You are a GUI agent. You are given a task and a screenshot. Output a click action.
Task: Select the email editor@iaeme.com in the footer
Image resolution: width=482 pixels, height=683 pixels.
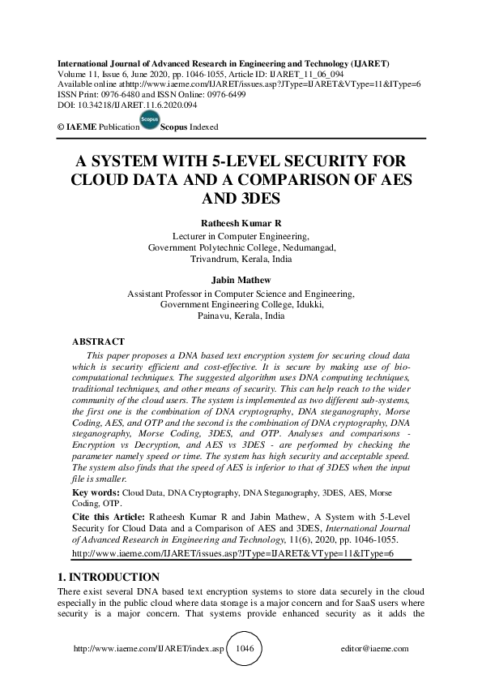tap(376, 649)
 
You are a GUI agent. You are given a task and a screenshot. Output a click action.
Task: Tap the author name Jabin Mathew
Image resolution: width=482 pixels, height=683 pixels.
tap(241, 281)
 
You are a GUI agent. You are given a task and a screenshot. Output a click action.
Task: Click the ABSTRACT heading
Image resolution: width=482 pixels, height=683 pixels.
tap(98, 341)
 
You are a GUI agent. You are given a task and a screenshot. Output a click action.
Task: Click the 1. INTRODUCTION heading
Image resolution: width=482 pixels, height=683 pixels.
tap(105, 577)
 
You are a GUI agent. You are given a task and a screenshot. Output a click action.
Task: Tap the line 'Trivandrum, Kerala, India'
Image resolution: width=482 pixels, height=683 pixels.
tap(241, 260)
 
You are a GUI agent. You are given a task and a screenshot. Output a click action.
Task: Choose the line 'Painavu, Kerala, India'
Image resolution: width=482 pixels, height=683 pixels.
tap(241, 316)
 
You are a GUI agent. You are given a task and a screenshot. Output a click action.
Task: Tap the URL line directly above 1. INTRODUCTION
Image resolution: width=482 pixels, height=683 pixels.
tap(232, 552)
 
